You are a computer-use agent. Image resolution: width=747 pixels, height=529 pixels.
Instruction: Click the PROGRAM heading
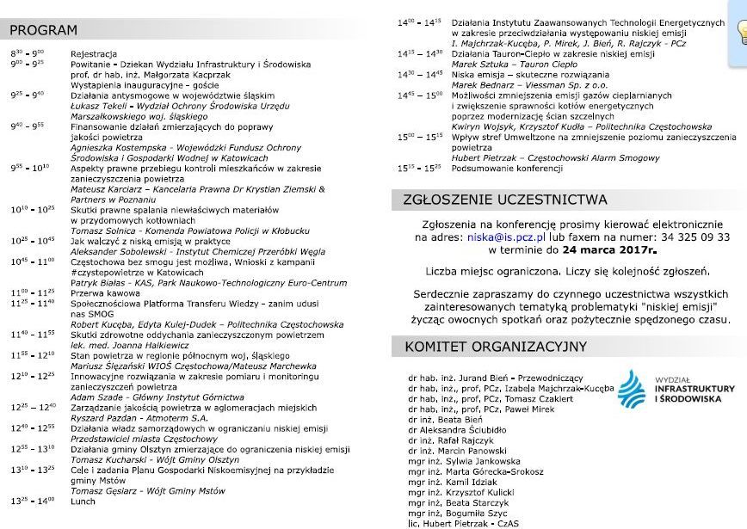click(x=44, y=30)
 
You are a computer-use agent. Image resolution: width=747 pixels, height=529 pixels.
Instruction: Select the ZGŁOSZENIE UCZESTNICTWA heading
click(x=505, y=200)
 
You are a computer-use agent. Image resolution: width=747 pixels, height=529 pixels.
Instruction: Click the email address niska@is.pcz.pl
click(x=508, y=237)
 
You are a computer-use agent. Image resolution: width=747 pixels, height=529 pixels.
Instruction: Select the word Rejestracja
click(x=94, y=53)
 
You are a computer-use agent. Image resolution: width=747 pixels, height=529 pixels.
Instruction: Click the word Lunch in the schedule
click(x=83, y=501)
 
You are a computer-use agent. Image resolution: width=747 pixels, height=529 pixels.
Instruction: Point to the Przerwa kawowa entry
click(x=104, y=292)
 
